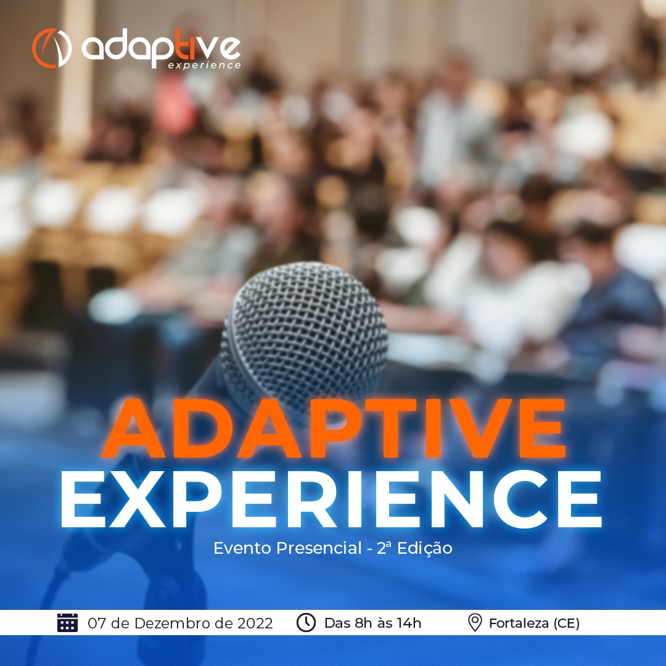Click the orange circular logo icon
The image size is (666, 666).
(x=51, y=48)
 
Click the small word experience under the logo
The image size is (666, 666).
(x=204, y=65)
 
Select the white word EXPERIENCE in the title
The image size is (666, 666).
(x=331, y=499)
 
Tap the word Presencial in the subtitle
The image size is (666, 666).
(x=319, y=548)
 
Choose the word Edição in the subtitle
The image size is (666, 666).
(x=425, y=548)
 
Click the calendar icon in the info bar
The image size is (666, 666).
(x=68, y=623)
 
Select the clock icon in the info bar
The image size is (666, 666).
(x=306, y=623)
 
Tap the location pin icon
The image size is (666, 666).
(x=475, y=623)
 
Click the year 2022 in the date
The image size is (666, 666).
(x=255, y=623)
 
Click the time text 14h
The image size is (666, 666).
(x=409, y=623)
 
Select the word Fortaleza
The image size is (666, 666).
(x=519, y=623)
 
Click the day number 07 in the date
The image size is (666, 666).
(x=97, y=623)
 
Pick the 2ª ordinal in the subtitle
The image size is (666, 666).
(x=384, y=548)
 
